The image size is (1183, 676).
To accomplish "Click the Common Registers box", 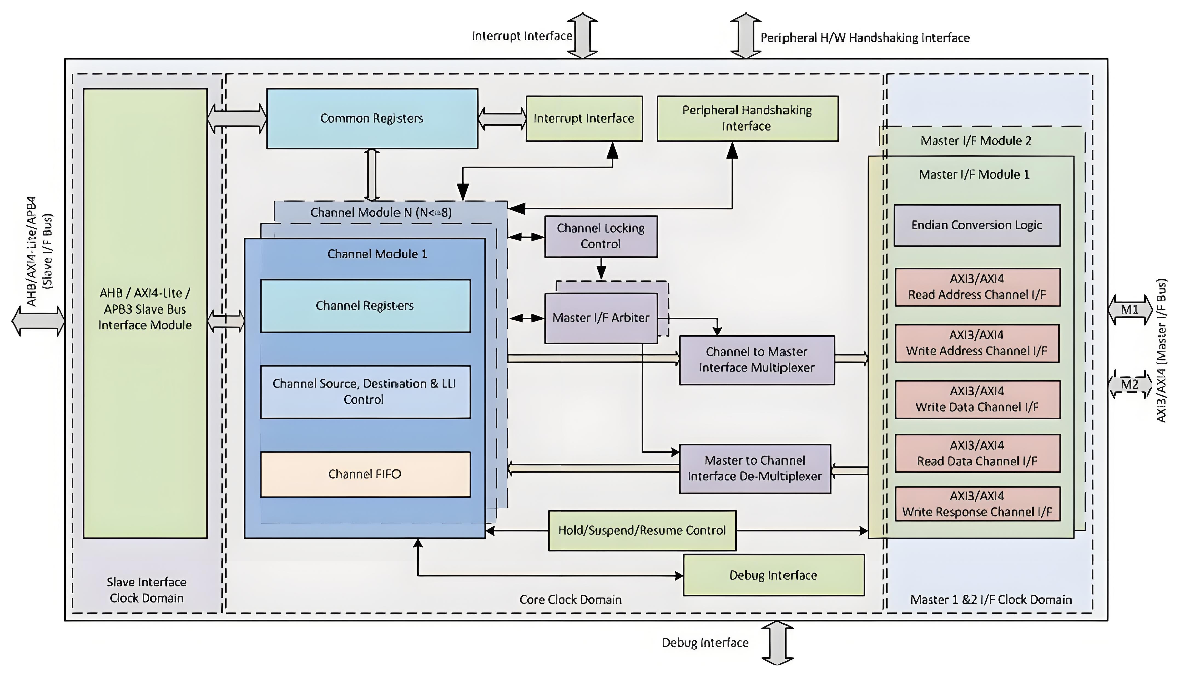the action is coord(372,118).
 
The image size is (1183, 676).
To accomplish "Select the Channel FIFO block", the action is coord(365,474).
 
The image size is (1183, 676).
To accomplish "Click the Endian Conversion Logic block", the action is coord(977,225).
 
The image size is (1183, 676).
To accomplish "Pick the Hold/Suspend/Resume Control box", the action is coord(642,531).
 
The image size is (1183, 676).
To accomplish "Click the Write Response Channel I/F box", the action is coord(977,504).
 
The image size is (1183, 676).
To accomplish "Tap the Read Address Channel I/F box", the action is coord(977,287).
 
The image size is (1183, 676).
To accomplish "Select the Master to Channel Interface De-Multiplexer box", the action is coord(755,468).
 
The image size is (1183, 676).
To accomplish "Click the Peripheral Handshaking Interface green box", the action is coord(747,118).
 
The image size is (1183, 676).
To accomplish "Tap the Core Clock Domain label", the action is coord(570,599).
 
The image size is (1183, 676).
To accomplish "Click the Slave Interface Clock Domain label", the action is coord(147,590).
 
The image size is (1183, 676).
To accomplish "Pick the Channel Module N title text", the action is coord(381,213).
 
